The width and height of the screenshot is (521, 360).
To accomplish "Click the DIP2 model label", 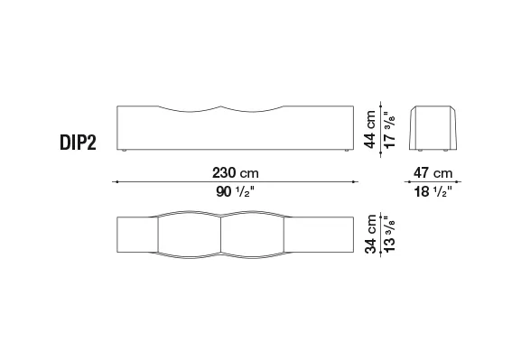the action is pos(78,143).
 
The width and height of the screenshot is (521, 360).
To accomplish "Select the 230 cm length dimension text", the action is pos(236,172).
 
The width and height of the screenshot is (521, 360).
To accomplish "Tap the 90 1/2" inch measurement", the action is pos(236,191).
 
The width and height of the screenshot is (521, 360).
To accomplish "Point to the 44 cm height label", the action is pos(370,129).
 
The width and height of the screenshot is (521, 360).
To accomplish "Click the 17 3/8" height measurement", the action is pos(389,130).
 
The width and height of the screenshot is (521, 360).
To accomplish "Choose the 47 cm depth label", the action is pos(433,172).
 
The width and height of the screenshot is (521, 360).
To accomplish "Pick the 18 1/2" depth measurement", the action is pos(433,191).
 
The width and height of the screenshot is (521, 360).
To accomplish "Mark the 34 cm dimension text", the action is pos(370,234).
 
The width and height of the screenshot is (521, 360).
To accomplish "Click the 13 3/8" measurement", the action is pos(389,234).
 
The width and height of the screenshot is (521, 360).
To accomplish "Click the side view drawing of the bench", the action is pos(433,128).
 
